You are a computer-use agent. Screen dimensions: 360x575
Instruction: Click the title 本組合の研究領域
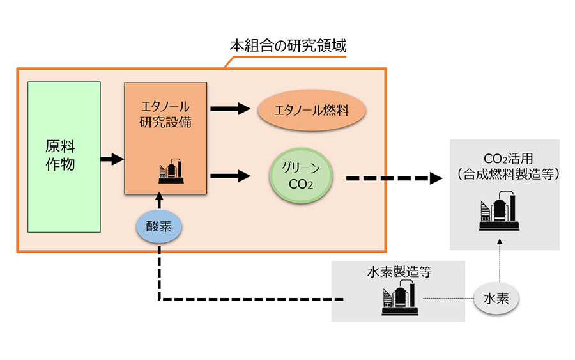tap(287, 46)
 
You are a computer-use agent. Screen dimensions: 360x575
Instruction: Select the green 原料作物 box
tap(64, 157)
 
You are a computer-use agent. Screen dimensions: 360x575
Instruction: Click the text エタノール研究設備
tap(165, 114)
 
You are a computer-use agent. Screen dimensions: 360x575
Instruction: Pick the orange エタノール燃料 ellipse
tap(311, 111)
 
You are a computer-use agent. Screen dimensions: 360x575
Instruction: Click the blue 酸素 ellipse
tap(158, 226)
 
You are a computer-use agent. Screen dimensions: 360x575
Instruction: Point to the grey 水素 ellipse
tap(496, 299)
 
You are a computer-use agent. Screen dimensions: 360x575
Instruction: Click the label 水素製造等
tap(399, 272)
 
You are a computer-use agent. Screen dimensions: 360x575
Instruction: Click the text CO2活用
tap(505, 158)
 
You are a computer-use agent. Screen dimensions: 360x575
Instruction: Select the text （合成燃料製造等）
tap(505, 173)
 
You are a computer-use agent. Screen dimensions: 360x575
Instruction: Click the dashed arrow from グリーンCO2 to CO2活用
tap(393, 178)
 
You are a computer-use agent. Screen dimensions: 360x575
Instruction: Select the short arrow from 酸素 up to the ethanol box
tap(158, 203)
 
